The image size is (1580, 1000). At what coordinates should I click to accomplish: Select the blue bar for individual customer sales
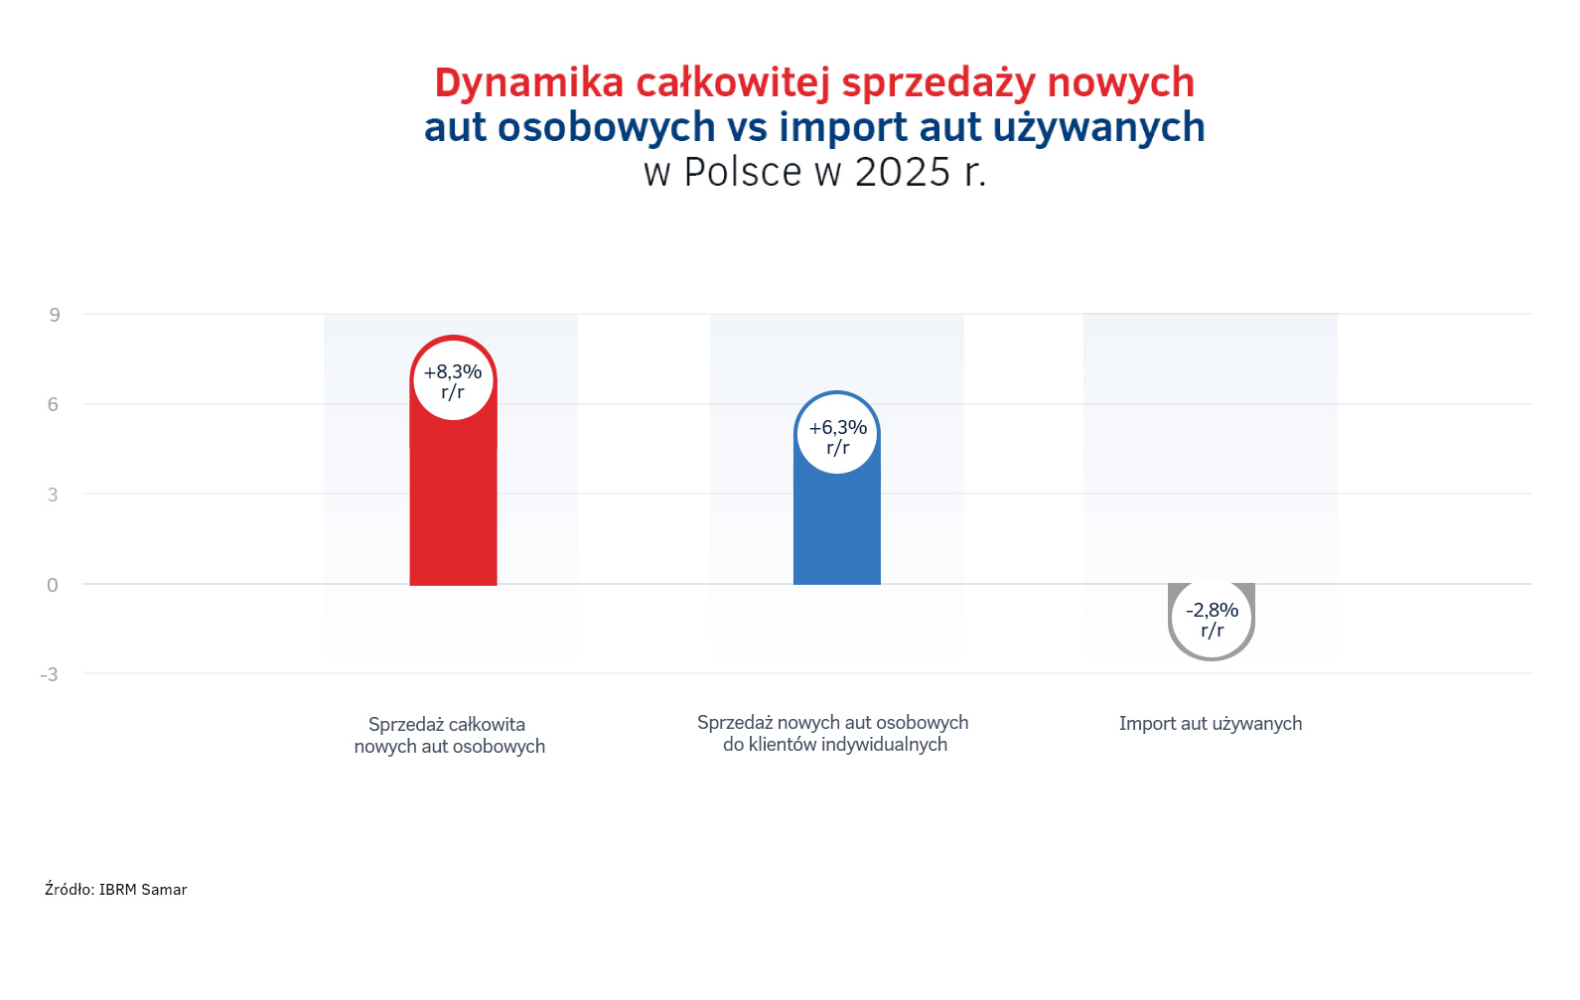pos(836,526)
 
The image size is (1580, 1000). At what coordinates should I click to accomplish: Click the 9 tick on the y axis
pos(55,315)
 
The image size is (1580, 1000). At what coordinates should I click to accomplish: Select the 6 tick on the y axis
pos(54,404)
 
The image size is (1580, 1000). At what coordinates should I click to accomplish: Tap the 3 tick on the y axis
pos(54,495)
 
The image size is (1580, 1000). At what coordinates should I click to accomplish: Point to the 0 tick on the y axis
pos(53,585)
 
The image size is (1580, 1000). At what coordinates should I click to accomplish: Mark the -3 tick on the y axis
pos(49,675)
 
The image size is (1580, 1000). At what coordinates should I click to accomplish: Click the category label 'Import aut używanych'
pos(1210,724)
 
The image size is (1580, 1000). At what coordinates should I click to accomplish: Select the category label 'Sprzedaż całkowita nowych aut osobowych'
pos(449,736)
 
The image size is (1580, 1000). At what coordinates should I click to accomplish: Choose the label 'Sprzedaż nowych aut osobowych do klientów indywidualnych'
pos(833,734)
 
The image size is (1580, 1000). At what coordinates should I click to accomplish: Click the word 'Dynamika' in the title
pos(529,82)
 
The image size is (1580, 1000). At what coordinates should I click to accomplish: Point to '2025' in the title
pos(903,172)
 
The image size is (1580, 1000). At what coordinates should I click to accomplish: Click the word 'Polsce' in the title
pos(743,172)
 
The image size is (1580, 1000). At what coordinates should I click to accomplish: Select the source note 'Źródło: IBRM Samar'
pos(116,890)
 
